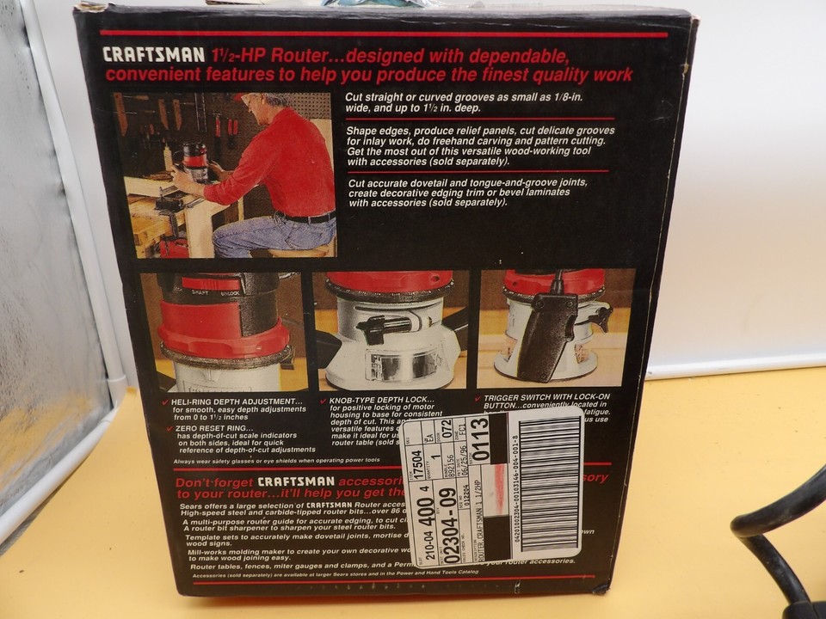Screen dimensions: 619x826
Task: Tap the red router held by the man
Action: tap(194, 160)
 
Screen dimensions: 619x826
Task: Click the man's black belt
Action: tap(305, 218)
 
